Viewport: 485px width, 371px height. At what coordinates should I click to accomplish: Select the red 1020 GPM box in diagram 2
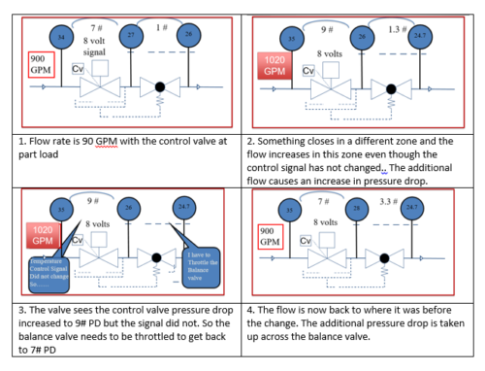(272, 67)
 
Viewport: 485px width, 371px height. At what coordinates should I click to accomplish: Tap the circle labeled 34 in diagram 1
(61, 37)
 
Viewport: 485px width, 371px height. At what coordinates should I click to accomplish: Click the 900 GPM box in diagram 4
(272, 234)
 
